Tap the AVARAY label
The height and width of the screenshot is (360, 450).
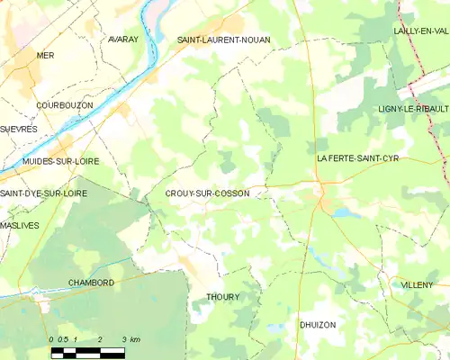(x=122, y=40)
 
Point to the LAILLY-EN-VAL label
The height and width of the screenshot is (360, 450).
(x=420, y=31)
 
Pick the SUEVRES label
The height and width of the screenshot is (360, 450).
(x=18, y=129)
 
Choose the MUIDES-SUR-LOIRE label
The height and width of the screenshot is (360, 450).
(x=60, y=161)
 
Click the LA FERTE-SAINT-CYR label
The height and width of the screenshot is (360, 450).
(x=357, y=158)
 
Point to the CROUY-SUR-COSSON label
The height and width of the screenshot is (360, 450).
(x=208, y=193)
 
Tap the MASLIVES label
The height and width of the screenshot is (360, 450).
(x=20, y=225)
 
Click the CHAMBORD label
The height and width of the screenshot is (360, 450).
(x=91, y=283)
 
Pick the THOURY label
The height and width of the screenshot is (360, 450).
(x=223, y=297)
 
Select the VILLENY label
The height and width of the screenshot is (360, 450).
(x=418, y=284)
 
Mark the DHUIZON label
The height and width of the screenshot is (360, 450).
(x=318, y=324)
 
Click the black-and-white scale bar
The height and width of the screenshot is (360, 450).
(x=87, y=352)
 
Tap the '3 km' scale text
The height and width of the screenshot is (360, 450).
(x=131, y=339)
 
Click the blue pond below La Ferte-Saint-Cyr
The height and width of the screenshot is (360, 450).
(x=346, y=214)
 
